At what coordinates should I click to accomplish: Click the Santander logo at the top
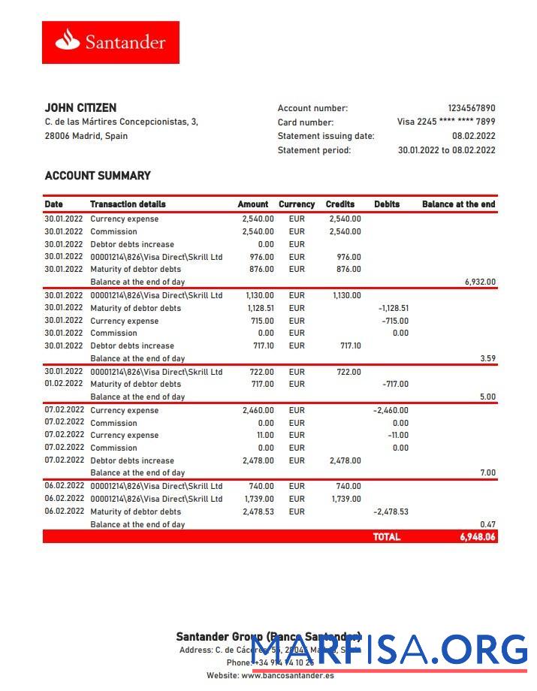(x=110, y=42)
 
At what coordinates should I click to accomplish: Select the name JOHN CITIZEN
(x=80, y=108)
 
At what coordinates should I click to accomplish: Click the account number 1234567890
(x=471, y=108)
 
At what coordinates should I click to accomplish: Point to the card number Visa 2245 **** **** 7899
(x=446, y=122)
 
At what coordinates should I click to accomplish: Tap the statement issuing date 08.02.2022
(x=473, y=136)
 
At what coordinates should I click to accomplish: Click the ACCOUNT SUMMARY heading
(x=98, y=176)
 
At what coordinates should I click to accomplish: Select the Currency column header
(x=297, y=204)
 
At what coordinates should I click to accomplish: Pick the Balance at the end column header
(x=458, y=204)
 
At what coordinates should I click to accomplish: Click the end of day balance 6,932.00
(x=480, y=282)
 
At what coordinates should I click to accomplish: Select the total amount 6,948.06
(x=478, y=537)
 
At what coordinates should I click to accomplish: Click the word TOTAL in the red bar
(x=387, y=537)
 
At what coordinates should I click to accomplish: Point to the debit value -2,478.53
(x=391, y=511)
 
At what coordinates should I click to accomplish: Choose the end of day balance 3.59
(x=487, y=359)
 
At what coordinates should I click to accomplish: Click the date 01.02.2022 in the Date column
(x=64, y=384)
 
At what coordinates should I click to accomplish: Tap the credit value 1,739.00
(x=345, y=499)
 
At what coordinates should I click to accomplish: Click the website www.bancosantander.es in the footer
(x=287, y=675)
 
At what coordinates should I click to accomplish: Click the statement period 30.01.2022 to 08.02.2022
(x=446, y=150)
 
